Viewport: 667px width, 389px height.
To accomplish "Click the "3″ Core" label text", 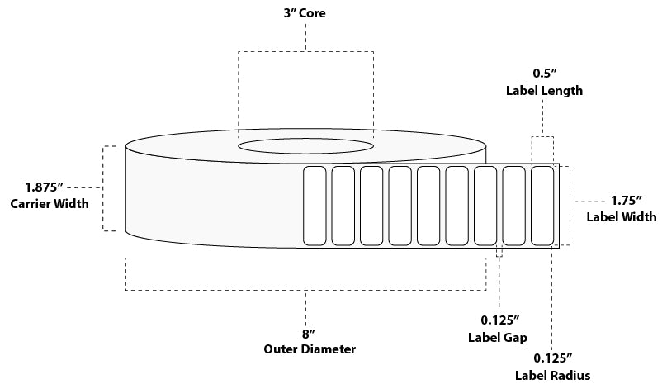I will tap(306, 14).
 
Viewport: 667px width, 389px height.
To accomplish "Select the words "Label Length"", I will tap(544, 91).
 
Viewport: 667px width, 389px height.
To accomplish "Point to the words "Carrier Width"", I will tap(50, 204).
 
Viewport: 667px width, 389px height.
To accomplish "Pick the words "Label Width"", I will tap(622, 217).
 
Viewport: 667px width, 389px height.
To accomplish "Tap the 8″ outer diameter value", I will tap(305, 333).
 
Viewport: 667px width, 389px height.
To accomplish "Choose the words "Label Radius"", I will tap(554, 376).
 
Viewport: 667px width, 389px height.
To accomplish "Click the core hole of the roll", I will tap(305, 147).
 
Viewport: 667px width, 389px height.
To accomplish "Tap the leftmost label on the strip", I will tap(314, 206).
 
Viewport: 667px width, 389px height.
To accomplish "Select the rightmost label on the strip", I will tap(542, 206).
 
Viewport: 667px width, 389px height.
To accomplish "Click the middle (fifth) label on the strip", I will tap(428, 206).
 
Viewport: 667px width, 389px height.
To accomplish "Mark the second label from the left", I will tap(342, 206).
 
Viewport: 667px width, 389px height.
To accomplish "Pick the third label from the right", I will tap(485, 206).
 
